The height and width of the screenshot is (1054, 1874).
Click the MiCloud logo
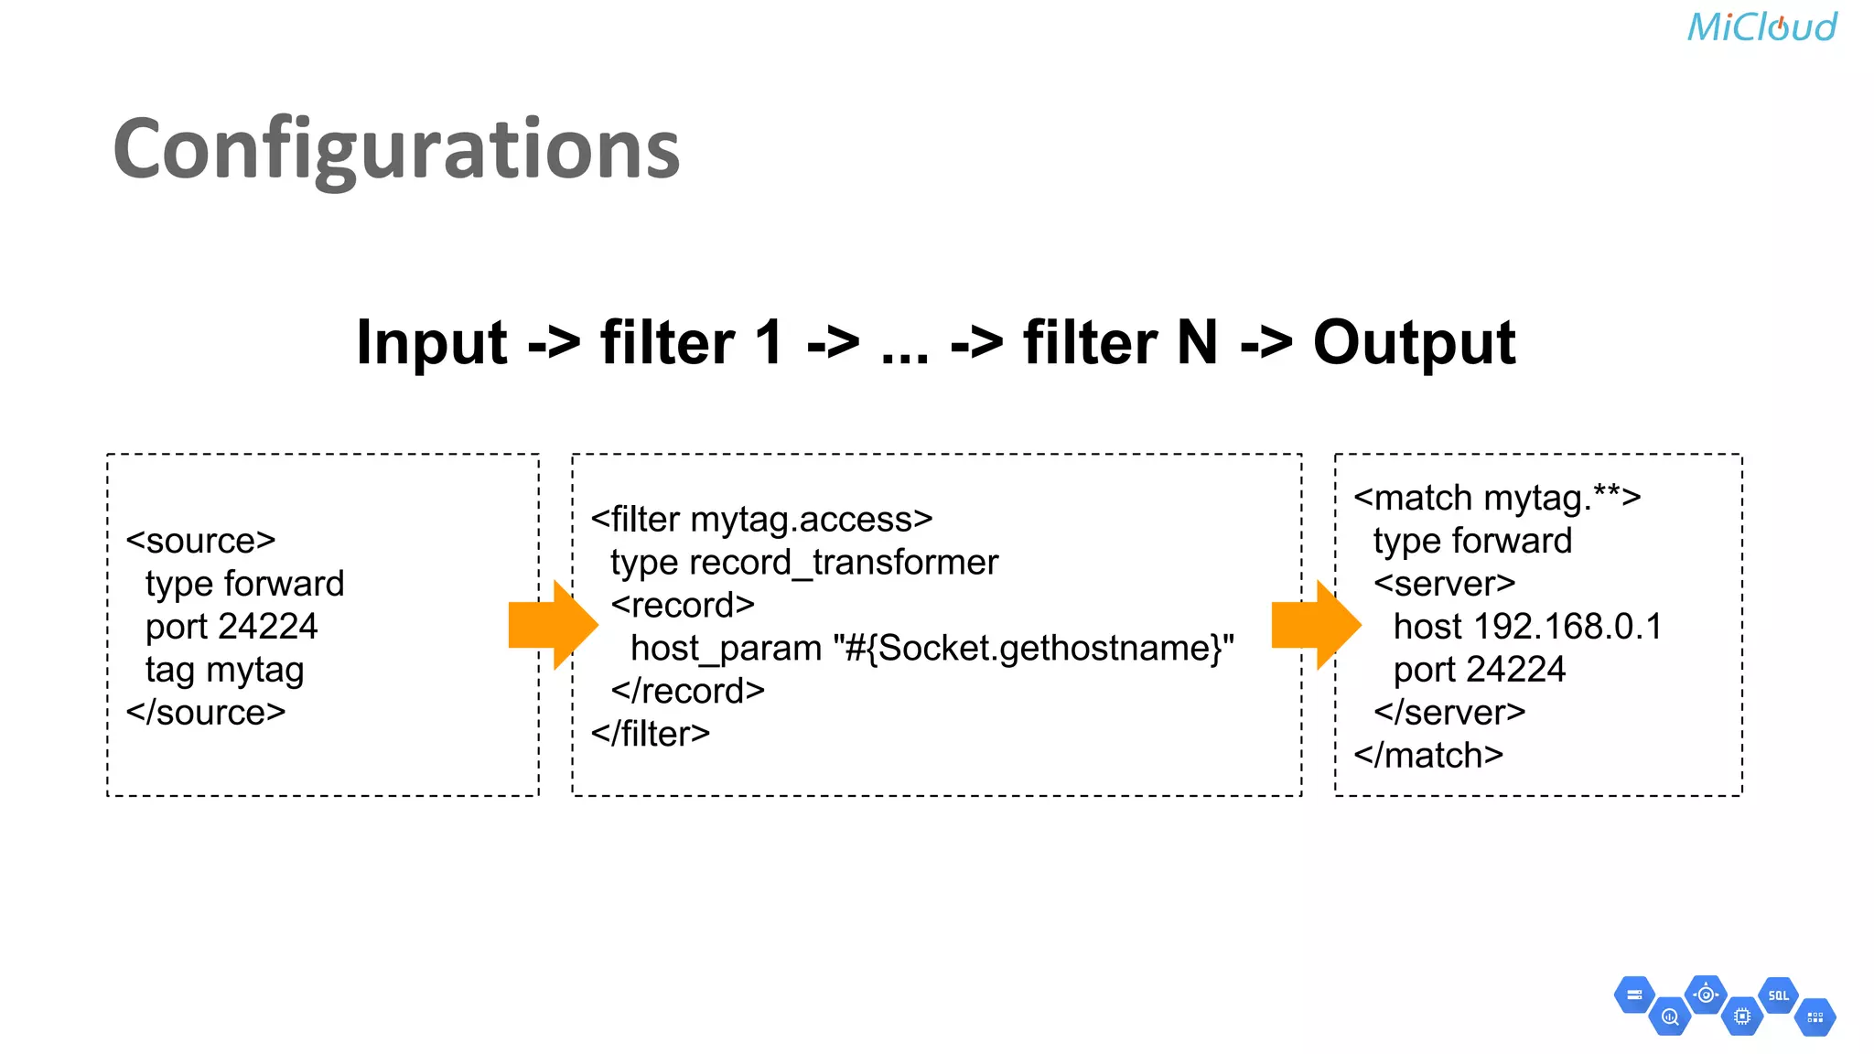coord(1761,27)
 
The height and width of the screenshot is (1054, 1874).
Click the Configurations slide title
coord(396,149)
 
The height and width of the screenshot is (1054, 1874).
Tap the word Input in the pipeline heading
coord(431,343)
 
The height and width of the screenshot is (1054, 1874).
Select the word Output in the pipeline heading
coord(1414,343)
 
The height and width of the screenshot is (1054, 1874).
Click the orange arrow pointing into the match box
coord(1315,625)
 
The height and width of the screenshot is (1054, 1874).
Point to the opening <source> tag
coord(200,541)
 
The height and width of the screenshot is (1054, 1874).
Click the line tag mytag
coord(224,670)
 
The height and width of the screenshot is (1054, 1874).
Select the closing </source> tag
coord(206,713)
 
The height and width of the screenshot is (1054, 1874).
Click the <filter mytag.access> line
coord(761,520)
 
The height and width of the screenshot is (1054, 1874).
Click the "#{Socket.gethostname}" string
coord(1033,649)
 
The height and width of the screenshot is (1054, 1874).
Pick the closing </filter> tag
coord(650,734)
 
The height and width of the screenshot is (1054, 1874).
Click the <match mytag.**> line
coord(1497,499)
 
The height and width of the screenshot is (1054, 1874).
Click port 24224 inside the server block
coord(1479,670)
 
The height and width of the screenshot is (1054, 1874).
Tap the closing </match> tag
coord(1428,756)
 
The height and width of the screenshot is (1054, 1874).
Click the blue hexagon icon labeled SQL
coord(1778,995)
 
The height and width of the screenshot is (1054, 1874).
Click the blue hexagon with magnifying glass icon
coord(1670,1016)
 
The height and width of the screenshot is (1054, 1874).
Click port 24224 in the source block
coord(231,627)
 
